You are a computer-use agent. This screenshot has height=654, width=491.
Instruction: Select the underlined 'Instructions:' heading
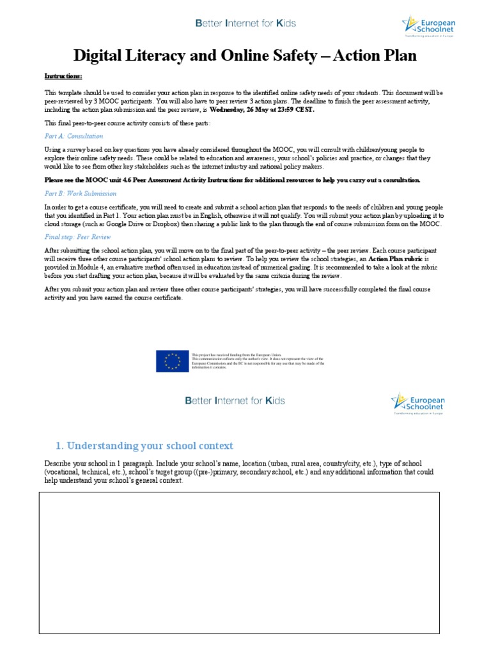(x=63, y=75)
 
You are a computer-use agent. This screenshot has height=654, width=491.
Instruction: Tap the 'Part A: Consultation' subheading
(x=74, y=136)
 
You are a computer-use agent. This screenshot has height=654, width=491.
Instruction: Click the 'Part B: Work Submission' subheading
(x=81, y=194)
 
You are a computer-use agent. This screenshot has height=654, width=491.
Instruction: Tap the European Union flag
(x=172, y=361)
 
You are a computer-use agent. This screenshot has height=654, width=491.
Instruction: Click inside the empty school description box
(x=240, y=562)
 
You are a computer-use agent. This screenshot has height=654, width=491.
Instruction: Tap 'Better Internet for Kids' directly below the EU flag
(x=234, y=401)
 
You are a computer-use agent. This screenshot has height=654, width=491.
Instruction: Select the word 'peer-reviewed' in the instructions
(x=64, y=101)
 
